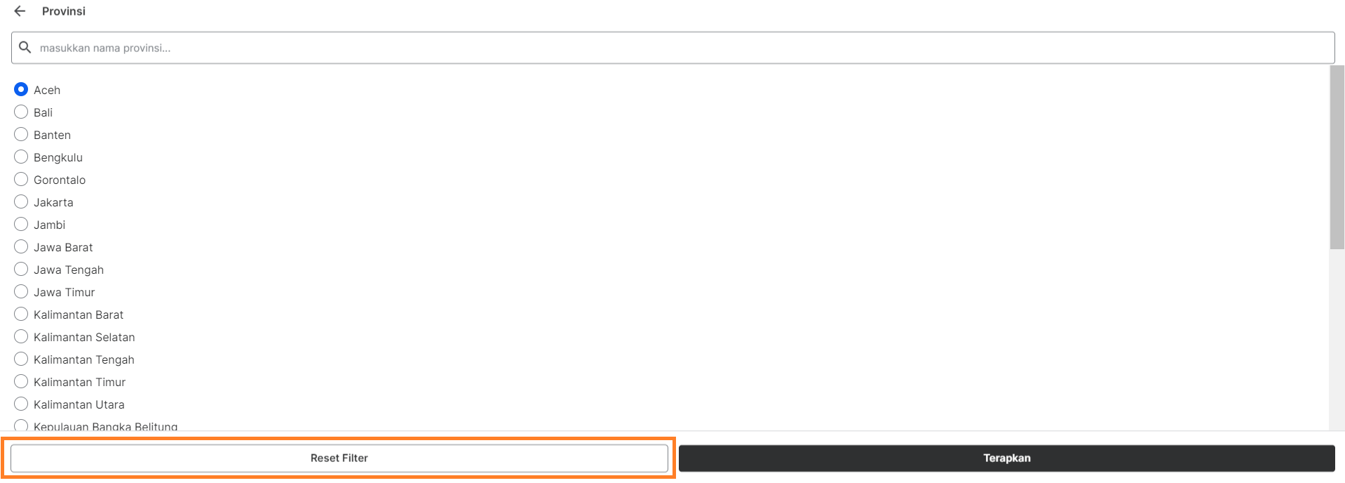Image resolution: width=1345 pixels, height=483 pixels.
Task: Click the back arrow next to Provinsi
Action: pyautogui.click(x=20, y=11)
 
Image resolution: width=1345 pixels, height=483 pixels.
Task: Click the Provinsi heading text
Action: pyautogui.click(x=64, y=11)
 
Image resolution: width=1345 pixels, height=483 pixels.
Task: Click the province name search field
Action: pyautogui.click(x=672, y=48)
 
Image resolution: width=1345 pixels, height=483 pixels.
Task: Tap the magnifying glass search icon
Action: pyautogui.click(x=25, y=48)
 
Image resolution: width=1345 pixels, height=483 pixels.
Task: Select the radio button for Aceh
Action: pyautogui.click(x=21, y=89)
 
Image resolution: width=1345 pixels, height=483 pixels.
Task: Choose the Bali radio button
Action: pyautogui.click(x=21, y=112)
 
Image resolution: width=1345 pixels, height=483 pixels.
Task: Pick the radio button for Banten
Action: pyautogui.click(x=21, y=134)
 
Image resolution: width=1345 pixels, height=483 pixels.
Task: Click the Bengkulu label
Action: pyautogui.click(x=58, y=157)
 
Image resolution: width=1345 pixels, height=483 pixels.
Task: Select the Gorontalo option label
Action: pyautogui.click(x=60, y=180)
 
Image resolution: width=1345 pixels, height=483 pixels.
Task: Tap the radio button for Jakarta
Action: pyautogui.click(x=21, y=201)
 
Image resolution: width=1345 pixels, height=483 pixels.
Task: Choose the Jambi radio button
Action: pyautogui.click(x=21, y=224)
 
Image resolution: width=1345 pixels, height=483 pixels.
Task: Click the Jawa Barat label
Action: pyautogui.click(x=63, y=247)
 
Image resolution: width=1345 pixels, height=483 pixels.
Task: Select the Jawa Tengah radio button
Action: pyautogui.click(x=21, y=269)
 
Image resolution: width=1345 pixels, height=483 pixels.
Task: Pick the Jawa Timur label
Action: pyautogui.click(x=64, y=292)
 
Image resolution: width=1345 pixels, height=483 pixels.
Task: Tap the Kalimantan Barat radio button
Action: pyautogui.click(x=21, y=314)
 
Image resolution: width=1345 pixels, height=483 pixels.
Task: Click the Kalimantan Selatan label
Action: pyautogui.click(x=84, y=337)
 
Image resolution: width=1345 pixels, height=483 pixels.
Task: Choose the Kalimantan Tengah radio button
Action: pyautogui.click(x=21, y=359)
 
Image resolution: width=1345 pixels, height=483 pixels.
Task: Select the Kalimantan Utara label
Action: pyautogui.click(x=79, y=404)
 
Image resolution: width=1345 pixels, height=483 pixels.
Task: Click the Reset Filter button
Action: pyautogui.click(x=339, y=458)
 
